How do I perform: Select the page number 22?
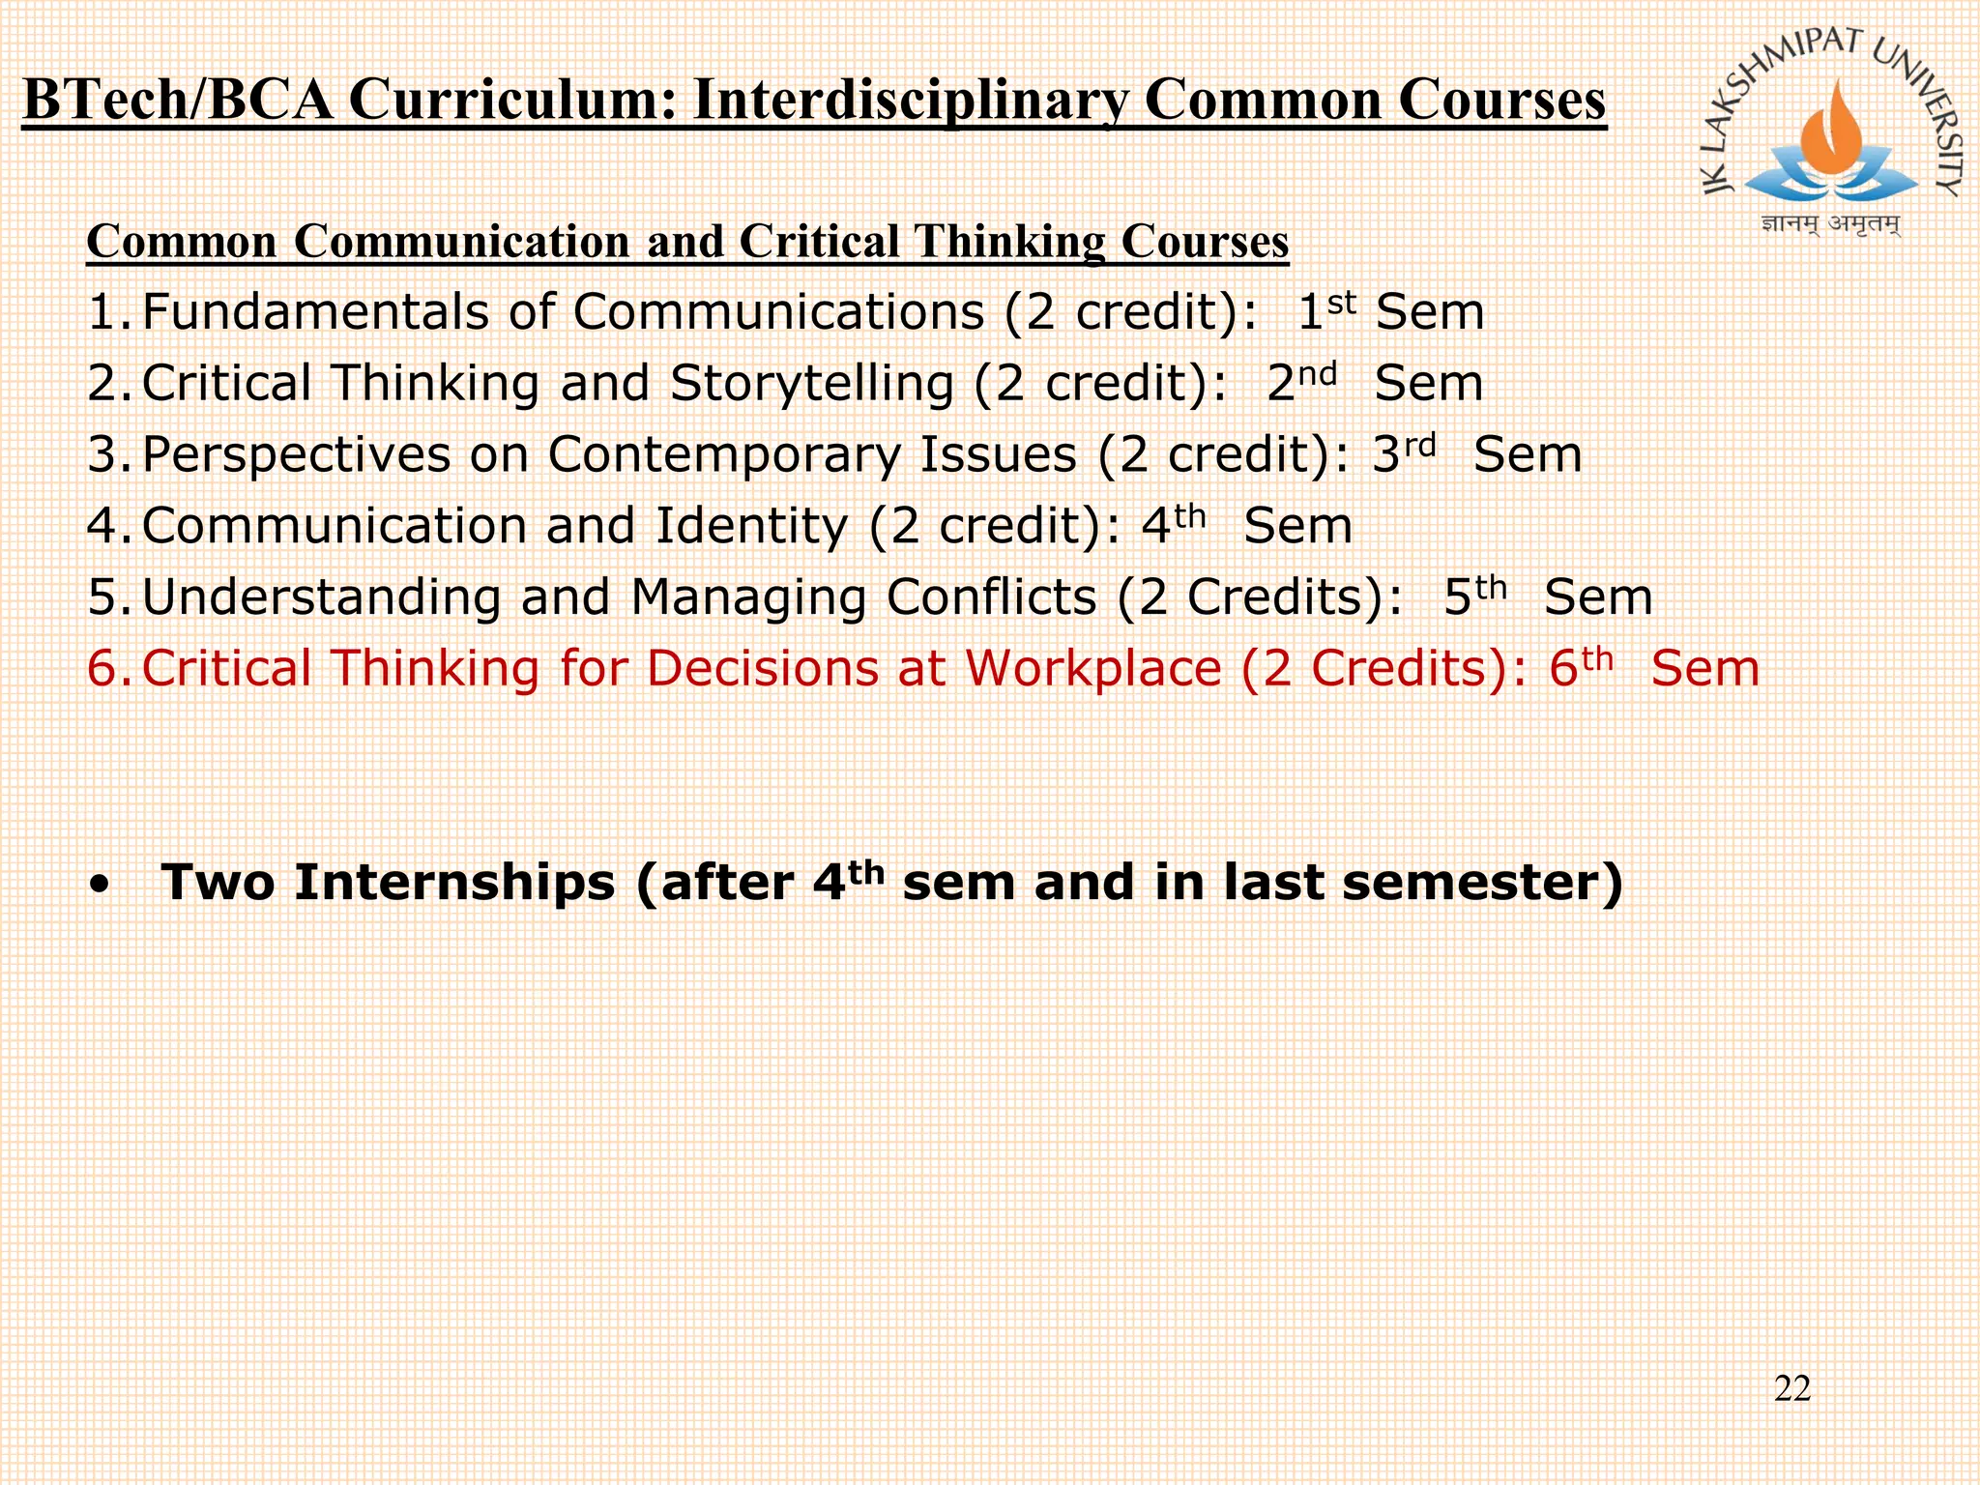pyautogui.click(x=1791, y=1388)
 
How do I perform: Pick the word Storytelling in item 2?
pyautogui.click(x=812, y=384)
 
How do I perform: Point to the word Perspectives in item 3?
pyautogui.click(x=296, y=454)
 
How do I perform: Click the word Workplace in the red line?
pyautogui.click(x=1093, y=669)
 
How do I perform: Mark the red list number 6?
pyautogui.click(x=103, y=669)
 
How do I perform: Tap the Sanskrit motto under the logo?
pyautogui.click(x=1830, y=224)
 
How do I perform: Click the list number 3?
pyautogui.click(x=103, y=454)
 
